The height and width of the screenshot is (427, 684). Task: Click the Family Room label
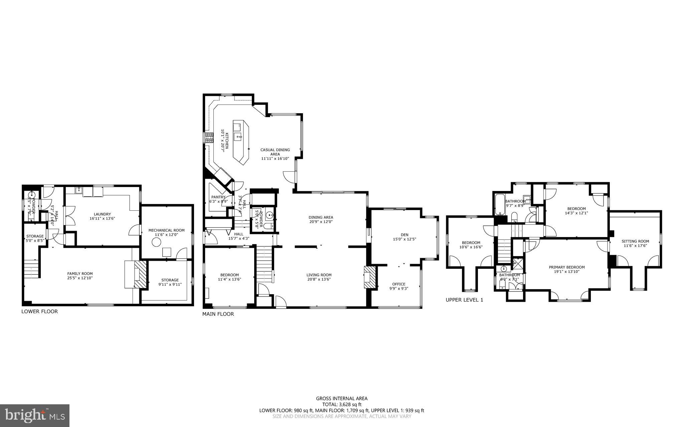tap(80, 273)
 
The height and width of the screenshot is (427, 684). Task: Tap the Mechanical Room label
tap(166, 230)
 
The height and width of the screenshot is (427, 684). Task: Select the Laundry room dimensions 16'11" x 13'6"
tap(102, 218)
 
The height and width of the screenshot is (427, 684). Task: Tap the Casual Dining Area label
tap(275, 152)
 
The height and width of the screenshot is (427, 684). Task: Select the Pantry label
tap(218, 197)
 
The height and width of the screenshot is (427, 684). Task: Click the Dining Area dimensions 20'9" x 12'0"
tap(321, 222)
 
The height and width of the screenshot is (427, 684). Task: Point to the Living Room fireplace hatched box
tap(370, 277)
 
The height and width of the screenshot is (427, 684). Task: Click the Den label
tap(404, 235)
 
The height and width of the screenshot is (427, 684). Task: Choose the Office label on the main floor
tap(399, 284)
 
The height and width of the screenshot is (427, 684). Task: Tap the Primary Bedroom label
tap(567, 267)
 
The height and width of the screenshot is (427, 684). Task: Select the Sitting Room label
tap(635, 241)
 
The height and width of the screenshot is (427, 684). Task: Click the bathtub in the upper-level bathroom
tap(499, 204)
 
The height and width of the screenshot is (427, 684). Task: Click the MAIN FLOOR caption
tap(218, 314)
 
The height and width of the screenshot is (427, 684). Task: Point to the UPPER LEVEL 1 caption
tap(464, 300)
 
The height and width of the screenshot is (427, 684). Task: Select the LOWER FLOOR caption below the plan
tap(39, 311)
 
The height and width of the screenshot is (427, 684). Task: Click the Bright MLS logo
tap(35, 415)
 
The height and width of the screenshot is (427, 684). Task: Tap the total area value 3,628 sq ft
tap(349, 404)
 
